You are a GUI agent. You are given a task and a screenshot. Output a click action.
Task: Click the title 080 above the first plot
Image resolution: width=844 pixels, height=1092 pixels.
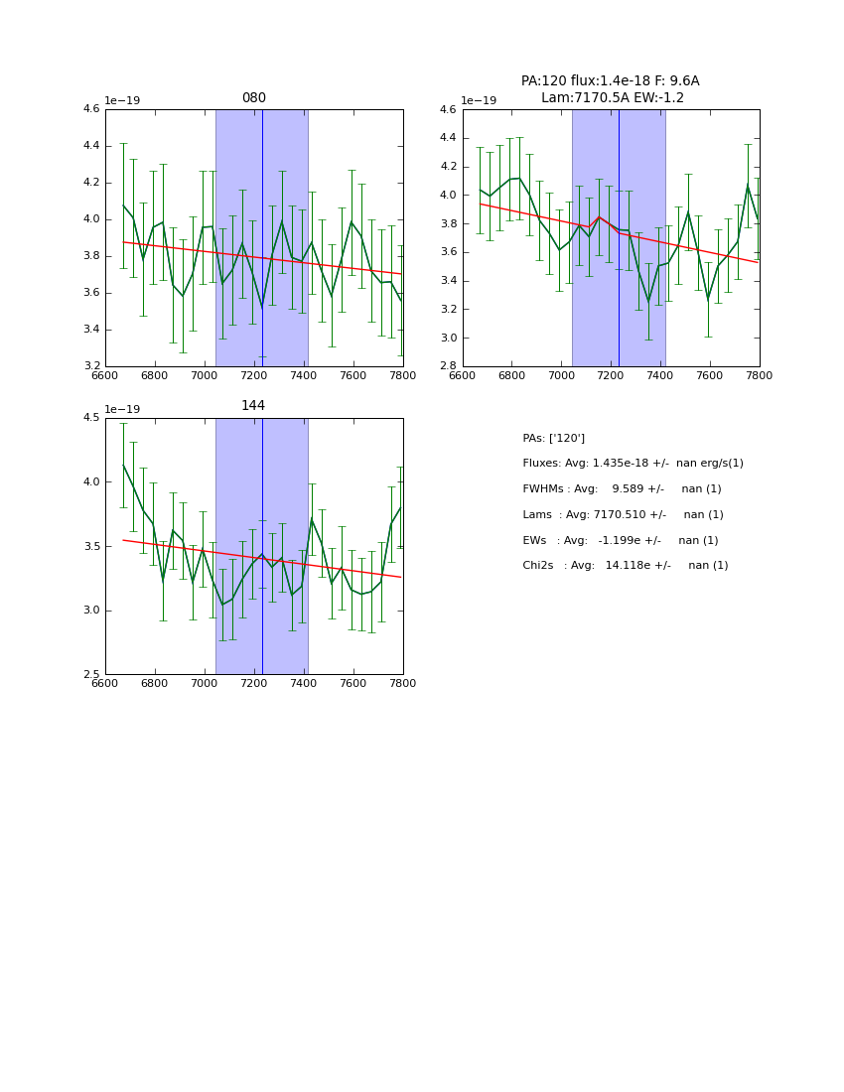click(x=253, y=98)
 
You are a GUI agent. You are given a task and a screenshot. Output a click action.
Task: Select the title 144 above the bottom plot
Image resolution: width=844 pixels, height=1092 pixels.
click(x=253, y=406)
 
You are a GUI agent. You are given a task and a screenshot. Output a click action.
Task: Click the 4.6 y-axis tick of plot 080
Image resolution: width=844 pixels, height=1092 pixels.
click(x=90, y=109)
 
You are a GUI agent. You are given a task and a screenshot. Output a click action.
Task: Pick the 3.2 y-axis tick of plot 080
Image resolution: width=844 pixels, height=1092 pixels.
click(x=90, y=366)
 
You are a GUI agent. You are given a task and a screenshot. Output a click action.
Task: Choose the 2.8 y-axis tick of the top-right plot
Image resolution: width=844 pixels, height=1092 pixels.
click(x=447, y=366)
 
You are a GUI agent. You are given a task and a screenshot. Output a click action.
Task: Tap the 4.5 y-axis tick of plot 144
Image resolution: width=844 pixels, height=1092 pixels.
click(x=90, y=418)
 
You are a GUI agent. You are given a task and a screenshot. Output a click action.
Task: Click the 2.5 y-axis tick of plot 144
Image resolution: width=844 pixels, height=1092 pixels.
click(x=90, y=674)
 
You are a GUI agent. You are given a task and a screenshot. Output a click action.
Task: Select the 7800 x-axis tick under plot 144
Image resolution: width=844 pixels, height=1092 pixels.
click(x=402, y=683)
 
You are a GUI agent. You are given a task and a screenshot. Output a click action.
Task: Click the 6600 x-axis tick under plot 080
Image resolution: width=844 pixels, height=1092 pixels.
click(x=105, y=375)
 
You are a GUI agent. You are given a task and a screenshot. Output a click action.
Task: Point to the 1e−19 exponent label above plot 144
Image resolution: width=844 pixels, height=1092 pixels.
click(x=123, y=409)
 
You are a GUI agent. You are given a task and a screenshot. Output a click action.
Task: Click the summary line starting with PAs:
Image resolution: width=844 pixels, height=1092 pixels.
click(x=553, y=438)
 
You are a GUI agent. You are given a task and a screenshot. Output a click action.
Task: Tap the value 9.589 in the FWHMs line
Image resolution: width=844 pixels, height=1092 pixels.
click(x=629, y=489)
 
